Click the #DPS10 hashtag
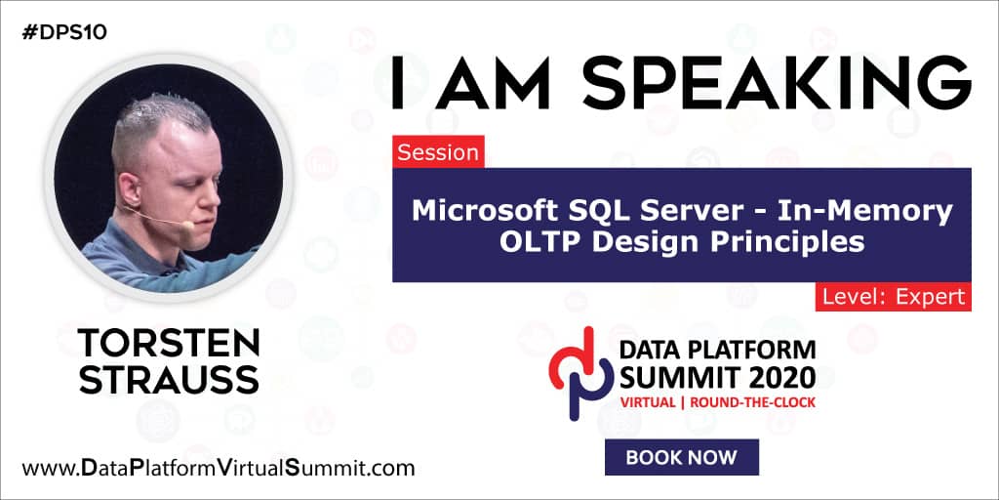62,32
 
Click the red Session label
438,152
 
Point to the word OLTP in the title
539,241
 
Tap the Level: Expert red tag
893,297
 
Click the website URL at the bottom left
219,468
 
